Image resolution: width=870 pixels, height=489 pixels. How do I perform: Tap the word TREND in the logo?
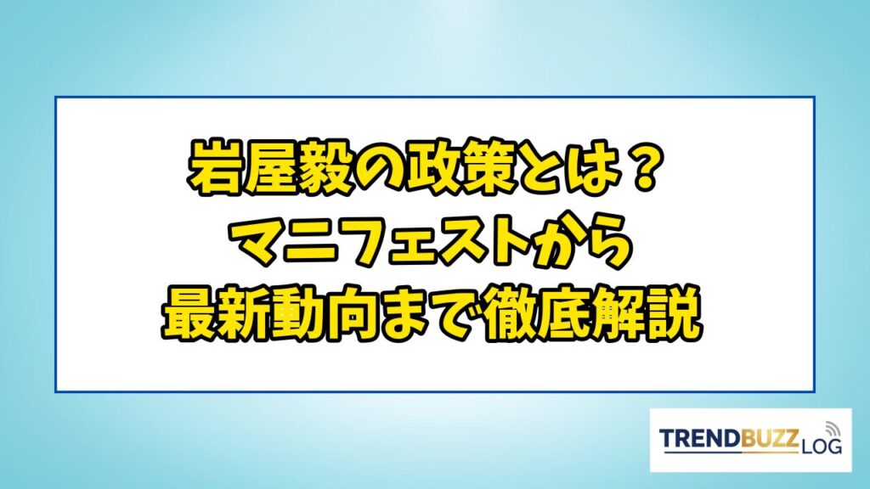pos(700,438)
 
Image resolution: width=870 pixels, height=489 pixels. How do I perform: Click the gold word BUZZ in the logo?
pos(769,438)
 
